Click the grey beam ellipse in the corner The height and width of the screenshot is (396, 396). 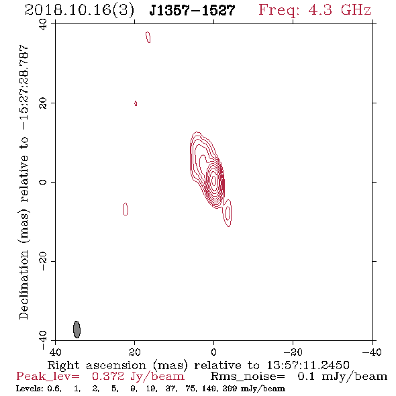point(77,330)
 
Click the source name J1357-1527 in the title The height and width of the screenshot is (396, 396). point(192,11)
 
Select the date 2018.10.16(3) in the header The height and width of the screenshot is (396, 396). point(79,11)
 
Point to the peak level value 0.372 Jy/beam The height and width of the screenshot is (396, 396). point(138,377)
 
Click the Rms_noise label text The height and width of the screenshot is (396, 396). point(248,377)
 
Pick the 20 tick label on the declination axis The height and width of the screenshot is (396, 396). point(43,103)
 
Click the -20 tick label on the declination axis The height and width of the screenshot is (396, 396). point(43,261)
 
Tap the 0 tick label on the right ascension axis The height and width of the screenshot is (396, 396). point(213,352)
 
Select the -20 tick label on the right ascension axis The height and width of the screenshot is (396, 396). point(293,352)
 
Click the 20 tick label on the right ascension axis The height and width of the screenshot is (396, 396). point(134,352)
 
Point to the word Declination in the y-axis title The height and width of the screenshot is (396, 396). point(23,285)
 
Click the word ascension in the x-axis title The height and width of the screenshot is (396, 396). point(116,365)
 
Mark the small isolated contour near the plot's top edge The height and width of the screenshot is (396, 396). point(148,37)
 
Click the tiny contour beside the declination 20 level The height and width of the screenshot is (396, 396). point(136,103)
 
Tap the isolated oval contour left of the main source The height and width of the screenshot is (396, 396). point(126,209)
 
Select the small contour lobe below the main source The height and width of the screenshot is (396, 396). point(228,212)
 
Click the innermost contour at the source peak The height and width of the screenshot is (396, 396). point(214,181)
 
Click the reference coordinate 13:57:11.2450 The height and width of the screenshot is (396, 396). point(308,365)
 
